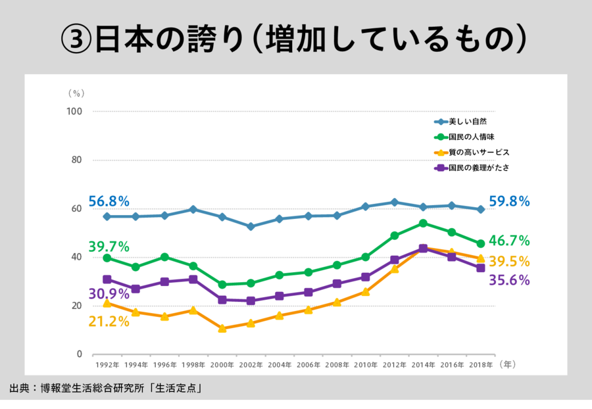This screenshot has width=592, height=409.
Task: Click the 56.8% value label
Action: pos(109,201)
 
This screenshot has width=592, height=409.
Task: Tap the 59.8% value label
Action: pos(509,201)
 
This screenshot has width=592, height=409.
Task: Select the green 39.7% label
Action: pos(109,247)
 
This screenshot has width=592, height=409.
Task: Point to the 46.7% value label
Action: pos(509,240)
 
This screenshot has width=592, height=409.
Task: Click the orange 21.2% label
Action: pos(109,321)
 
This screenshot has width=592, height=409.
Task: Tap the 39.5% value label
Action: pos(509,261)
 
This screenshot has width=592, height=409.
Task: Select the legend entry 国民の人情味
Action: pos(471,137)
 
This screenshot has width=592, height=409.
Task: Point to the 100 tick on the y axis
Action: pos(74,111)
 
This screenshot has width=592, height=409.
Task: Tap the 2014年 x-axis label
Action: pos(422,364)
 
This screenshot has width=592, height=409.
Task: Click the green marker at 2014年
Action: pos(423,224)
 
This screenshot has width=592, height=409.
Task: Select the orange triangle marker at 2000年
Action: pos(222,328)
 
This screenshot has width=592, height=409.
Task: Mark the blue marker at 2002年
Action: pos(251,226)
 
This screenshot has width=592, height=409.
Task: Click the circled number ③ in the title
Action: pos(74,40)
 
